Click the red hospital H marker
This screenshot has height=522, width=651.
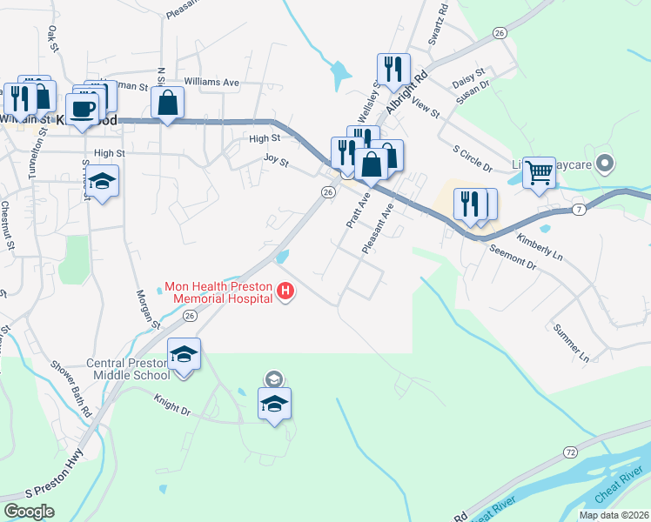[x=285, y=291]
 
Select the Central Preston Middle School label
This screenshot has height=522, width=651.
[x=128, y=369]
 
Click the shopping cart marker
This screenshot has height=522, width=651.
[x=540, y=172]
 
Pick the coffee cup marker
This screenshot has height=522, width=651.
[x=84, y=110]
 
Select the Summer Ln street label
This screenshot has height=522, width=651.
[x=572, y=343]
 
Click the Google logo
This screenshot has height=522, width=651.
[x=29, y=512]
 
